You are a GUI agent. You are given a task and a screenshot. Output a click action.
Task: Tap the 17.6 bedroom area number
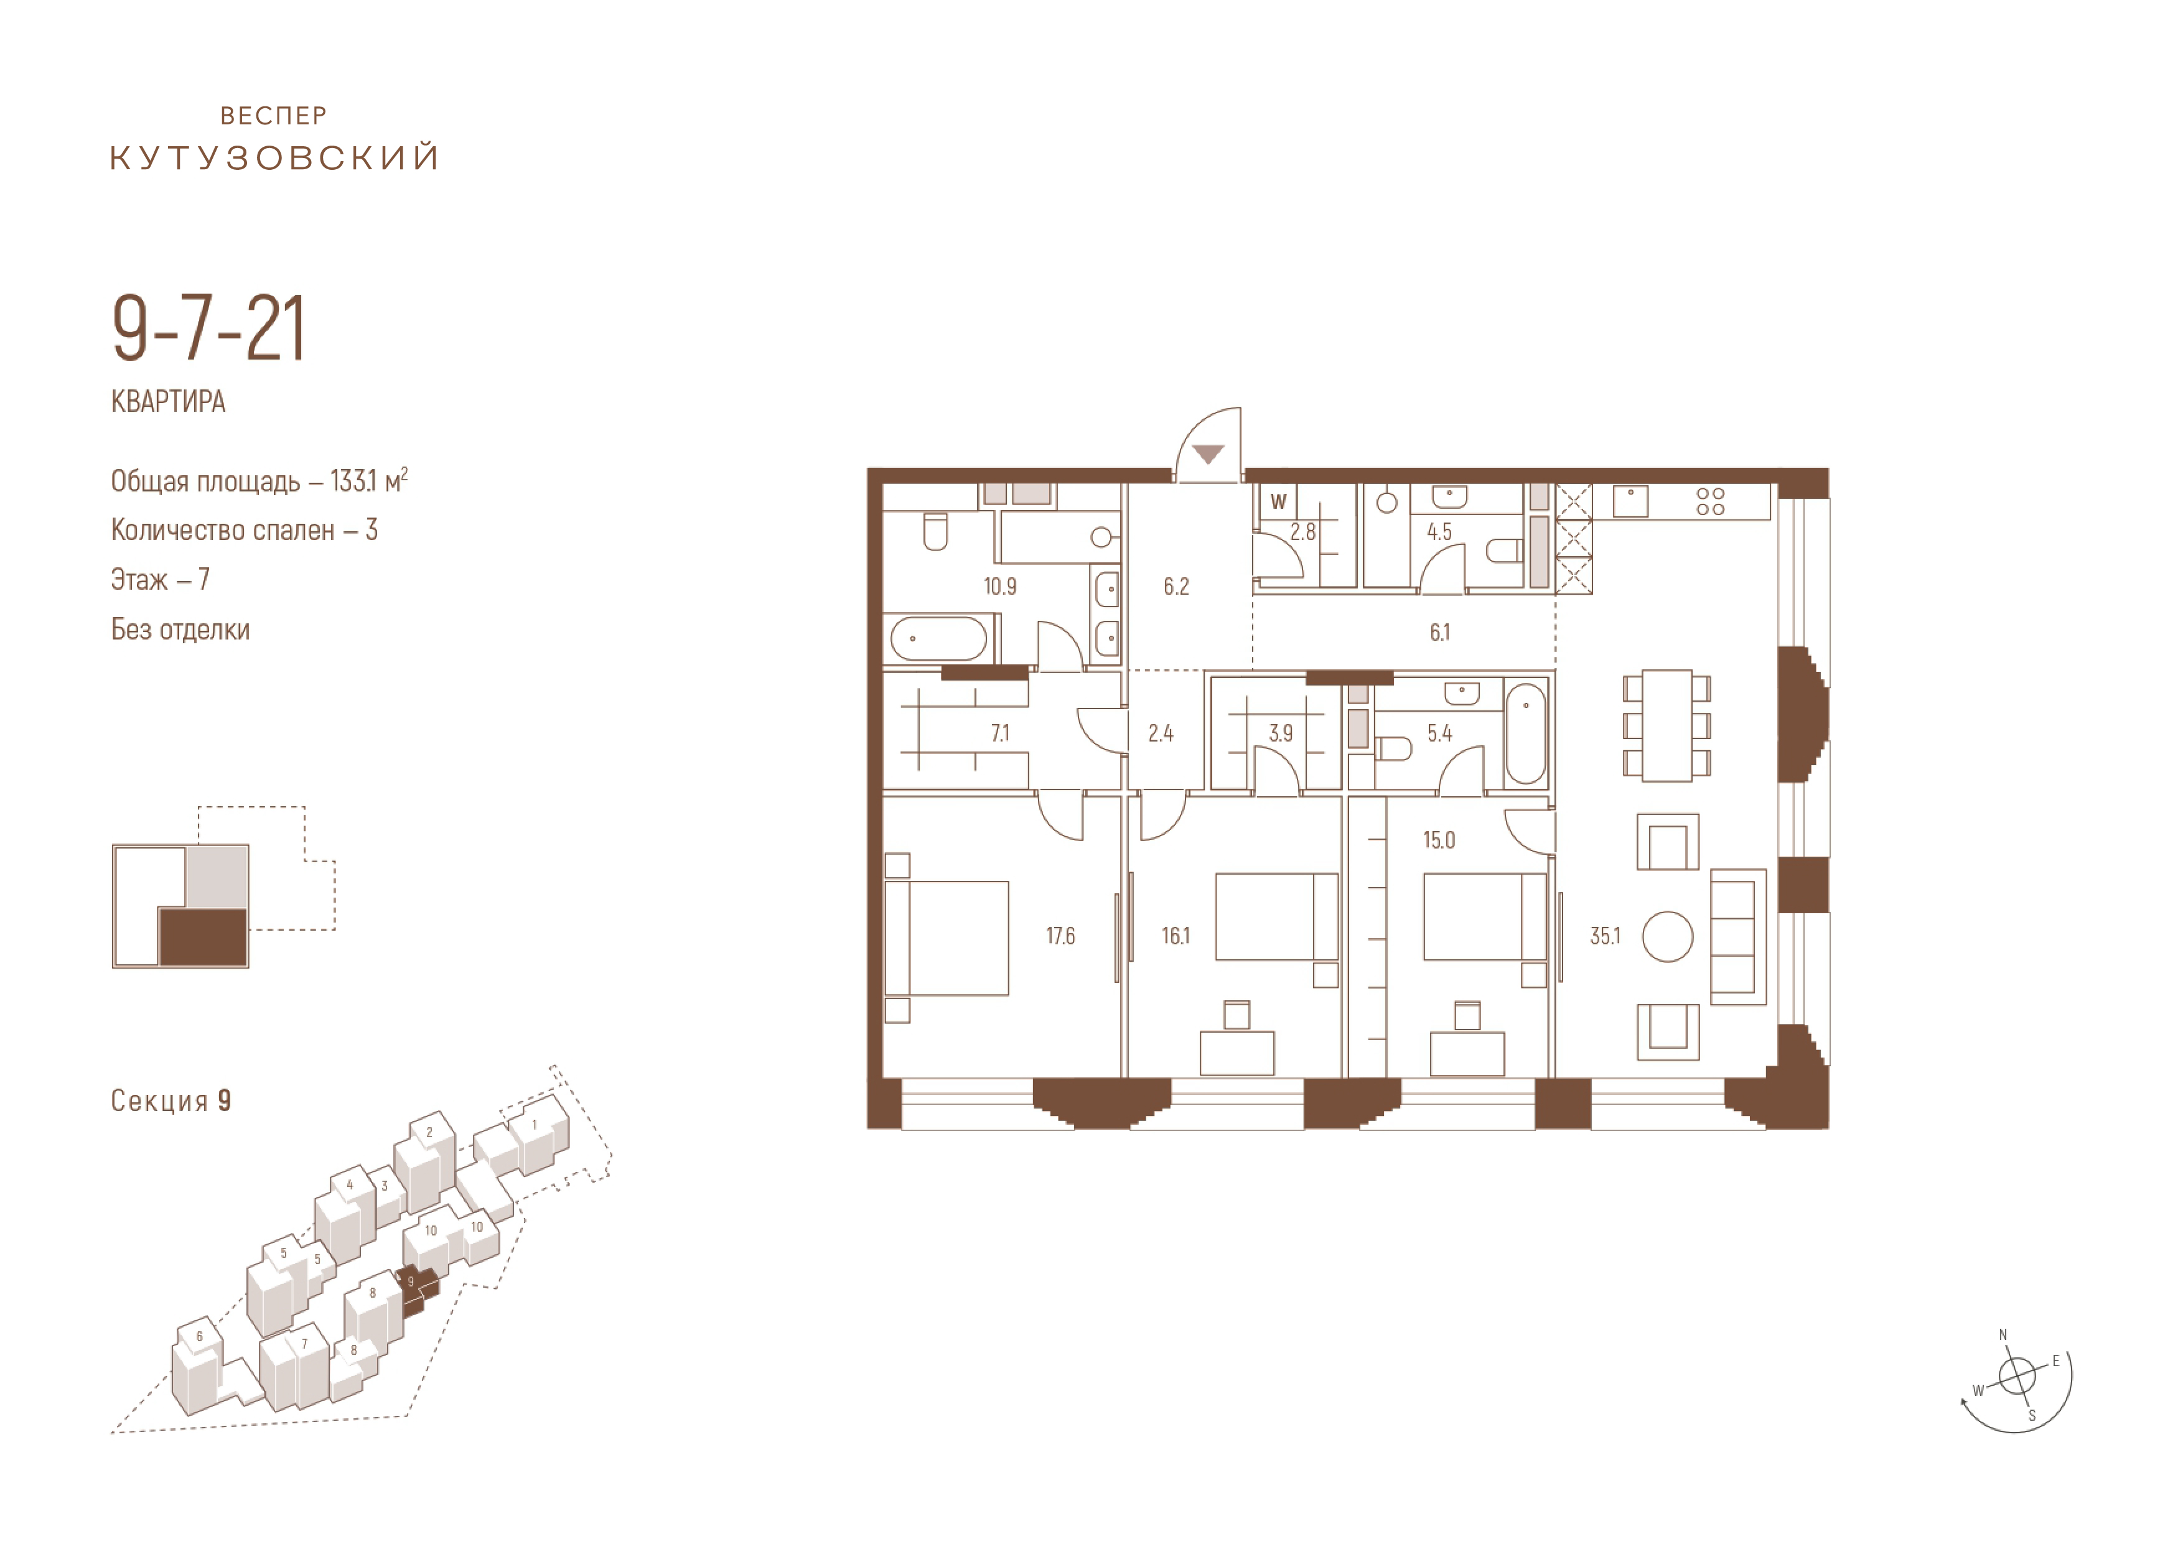(1060, 936)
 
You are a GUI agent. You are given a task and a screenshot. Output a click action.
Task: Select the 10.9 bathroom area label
(999, 587)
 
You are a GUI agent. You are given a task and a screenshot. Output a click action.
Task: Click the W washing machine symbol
(1279, 502)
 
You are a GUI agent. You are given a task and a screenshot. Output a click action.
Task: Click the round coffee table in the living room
(1668, 936)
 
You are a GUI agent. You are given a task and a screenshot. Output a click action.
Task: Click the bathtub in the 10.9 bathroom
(940, 639)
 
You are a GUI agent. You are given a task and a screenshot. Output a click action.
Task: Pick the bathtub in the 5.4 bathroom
(1526, 733)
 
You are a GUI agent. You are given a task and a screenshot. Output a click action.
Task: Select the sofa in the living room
(1738, 936)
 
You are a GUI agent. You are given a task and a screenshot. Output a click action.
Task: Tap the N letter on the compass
(2003, 1335)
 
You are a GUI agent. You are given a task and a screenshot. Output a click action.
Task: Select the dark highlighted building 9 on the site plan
(416, 1290)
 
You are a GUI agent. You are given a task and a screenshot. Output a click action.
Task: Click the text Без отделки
(180, 630)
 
